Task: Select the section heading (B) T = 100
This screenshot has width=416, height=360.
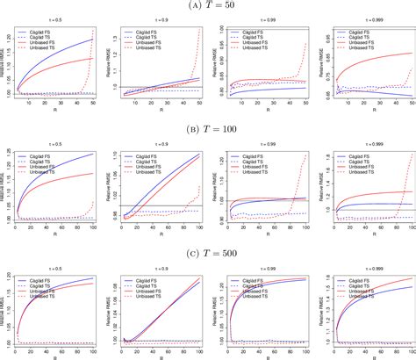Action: click(208, 127)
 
